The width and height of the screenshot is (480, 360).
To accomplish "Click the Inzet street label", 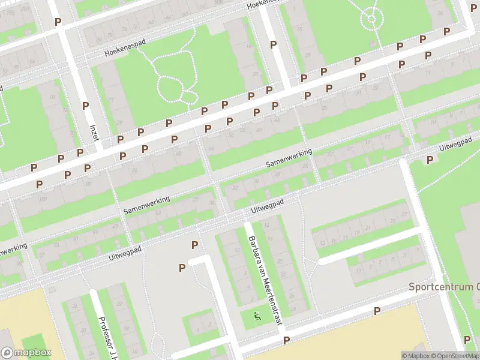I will point(94,132).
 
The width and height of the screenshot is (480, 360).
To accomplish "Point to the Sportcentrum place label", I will point(444,286).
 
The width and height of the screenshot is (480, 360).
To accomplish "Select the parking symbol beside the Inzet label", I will point(85,106).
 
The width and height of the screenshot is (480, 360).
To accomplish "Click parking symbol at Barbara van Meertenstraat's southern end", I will point(286,340).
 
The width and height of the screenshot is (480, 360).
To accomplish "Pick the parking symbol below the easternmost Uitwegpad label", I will point(430,160).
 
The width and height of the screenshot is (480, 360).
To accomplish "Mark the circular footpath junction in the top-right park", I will point(372,18).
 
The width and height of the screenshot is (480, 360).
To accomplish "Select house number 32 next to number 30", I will point(234,188).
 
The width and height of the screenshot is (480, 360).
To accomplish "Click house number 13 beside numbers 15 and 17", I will point(323,242).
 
